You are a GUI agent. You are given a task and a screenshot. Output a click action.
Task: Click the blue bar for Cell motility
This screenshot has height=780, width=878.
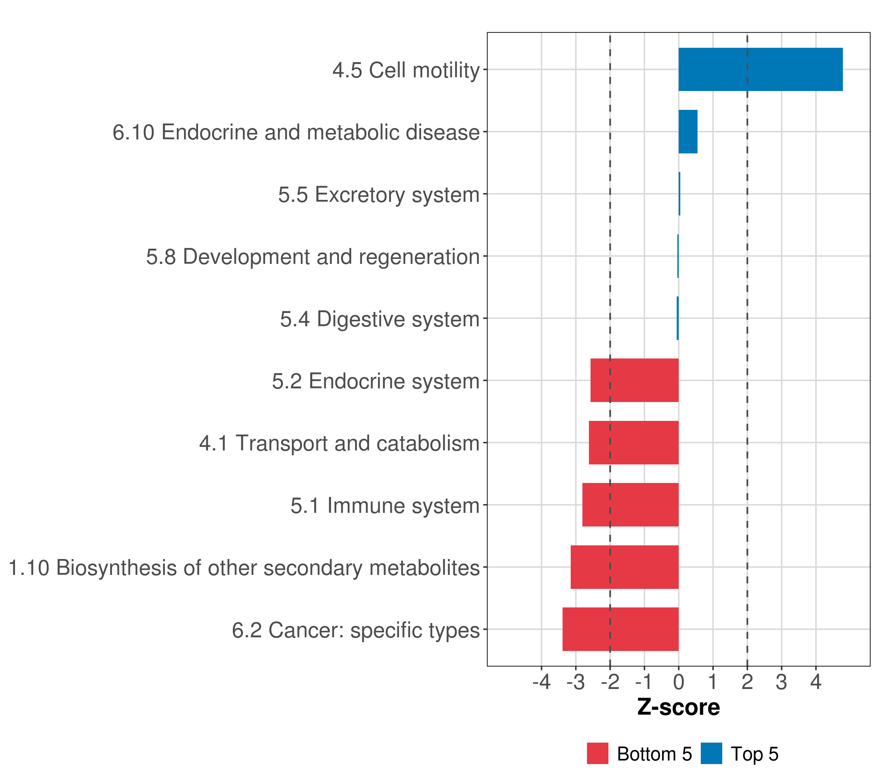(x=760, y=69)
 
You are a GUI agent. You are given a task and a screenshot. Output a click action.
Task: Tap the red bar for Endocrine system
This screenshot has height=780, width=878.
(x=634, y=380)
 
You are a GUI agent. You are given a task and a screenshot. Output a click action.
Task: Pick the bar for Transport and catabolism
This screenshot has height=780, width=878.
(x=633, y=443)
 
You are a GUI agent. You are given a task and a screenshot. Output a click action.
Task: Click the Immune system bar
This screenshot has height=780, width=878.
(x=630, y=505)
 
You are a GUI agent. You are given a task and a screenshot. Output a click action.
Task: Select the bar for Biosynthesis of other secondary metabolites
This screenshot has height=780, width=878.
(x=625, y=567)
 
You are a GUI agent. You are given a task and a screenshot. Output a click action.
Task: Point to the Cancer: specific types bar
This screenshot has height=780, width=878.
(x=620, y=629)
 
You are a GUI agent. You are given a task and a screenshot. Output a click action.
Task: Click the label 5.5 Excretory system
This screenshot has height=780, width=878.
(x=379, y=194)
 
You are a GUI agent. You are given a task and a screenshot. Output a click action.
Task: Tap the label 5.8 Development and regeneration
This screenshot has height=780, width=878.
(x=313, y=257)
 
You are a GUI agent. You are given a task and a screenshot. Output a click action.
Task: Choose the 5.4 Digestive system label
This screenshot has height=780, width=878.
(x=380, y=319)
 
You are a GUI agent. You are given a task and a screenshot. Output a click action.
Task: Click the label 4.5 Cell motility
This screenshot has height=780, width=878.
(x=406, y=70)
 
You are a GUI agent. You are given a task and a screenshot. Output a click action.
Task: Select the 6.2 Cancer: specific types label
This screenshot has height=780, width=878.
(x=356, y=630)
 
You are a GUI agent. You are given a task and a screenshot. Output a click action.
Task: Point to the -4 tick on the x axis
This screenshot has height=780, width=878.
(x=541, y=682)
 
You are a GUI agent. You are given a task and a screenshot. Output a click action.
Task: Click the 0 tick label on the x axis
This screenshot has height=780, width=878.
(x=679, y=682)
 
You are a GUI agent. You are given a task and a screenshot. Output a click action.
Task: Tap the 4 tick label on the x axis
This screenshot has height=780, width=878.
(x=816, y=682)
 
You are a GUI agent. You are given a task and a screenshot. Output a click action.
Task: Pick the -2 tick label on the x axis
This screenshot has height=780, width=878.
(x=610, y=682)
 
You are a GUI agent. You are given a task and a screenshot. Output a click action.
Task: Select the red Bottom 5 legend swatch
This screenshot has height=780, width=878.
(x=597, y=753)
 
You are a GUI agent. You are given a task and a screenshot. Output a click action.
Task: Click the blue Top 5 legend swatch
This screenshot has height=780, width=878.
(x=711, y=753)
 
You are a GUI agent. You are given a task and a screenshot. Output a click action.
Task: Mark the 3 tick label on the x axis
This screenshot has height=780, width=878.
(x=781, y=682)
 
